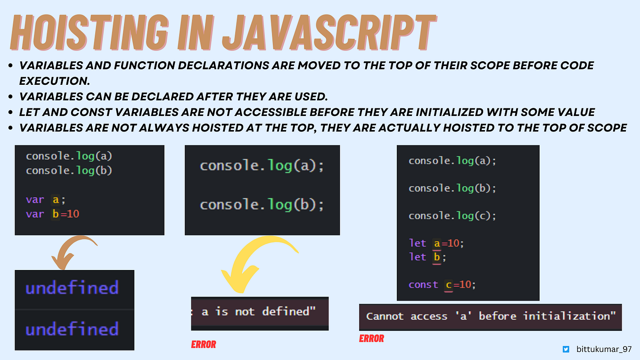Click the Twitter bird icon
566,350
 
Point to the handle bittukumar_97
604,350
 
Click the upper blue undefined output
72,287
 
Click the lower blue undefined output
72,329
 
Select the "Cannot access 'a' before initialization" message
491,316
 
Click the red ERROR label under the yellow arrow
204,344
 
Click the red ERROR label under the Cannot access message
371,338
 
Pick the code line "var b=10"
52,214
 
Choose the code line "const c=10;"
442,285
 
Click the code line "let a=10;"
436,244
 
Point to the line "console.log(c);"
452,216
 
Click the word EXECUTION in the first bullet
54,81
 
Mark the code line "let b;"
427,257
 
